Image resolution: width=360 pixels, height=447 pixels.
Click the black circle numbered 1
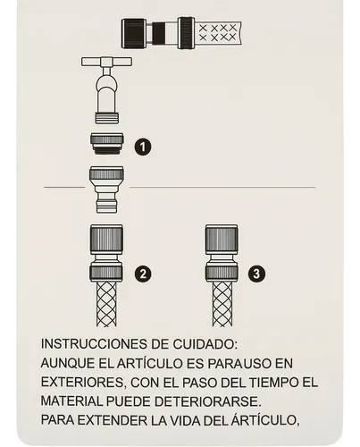tap(143, 147)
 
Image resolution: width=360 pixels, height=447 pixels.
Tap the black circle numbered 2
tap(143, 274)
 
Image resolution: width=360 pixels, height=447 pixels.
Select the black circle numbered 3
tap(256, 274)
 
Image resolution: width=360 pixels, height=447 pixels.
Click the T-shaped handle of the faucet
tap(106, 62)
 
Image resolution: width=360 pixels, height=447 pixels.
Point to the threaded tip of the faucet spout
tap(107, 118)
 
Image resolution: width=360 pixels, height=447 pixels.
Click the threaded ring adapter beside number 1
tap(107, 143)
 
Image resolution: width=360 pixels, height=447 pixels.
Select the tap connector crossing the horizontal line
tap(106, 190)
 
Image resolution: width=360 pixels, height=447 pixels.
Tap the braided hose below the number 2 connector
tap(106, 304)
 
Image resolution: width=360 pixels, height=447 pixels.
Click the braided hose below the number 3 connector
tap(222, 304)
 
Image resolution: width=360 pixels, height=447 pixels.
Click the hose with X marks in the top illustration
tap(219, 33)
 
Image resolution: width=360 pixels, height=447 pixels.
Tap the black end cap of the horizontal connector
tap(137, 33)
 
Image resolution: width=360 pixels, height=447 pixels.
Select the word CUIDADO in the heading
tap(205, 344)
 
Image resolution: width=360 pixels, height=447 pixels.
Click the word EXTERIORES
tap(82, 383)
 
